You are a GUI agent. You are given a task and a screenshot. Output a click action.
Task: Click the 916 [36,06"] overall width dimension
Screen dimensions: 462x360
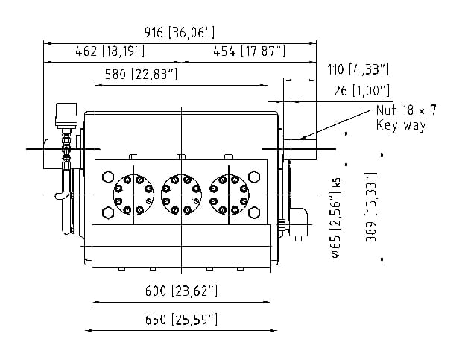[180, 32]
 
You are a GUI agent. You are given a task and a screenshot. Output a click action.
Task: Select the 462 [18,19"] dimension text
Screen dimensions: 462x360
[110, 51]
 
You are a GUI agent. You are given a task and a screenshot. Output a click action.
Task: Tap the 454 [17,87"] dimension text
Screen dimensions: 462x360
[250, 51]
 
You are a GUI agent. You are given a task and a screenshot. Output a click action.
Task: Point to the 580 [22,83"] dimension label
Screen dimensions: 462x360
[142, 74]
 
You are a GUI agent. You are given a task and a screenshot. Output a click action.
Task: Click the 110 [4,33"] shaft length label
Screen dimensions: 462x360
[358, 69]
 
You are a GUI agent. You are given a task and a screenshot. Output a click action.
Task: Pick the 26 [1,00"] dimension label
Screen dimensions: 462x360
[362, 91]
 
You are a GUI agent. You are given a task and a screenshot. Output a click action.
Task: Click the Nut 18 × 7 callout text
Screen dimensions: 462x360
[406, 110]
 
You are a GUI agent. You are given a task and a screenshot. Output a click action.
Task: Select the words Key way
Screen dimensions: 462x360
[401, 125]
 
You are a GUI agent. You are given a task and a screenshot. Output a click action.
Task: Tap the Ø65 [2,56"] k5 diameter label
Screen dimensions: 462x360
[336, 218]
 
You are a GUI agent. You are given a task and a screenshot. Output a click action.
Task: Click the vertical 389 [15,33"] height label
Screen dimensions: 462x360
[371, 207]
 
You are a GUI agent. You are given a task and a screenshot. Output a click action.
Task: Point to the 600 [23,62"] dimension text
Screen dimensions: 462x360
[181, 291]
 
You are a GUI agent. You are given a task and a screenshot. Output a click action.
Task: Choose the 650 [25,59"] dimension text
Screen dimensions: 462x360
[181, 319]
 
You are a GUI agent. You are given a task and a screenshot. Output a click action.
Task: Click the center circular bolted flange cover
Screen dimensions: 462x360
[181, 195]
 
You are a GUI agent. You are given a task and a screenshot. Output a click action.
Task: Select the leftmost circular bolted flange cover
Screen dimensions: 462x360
[133, 195]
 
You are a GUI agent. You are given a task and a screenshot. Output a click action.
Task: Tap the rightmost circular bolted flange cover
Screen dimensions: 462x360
[229, 195]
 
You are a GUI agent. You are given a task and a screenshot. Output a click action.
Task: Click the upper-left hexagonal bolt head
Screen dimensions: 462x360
[108, 177]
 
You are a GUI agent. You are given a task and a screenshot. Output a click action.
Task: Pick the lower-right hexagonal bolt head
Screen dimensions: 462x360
[254, 212]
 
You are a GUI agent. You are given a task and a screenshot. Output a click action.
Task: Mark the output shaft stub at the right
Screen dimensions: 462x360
[300, 149]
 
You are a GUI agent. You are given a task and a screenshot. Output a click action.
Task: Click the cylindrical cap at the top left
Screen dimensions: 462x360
[66, 115]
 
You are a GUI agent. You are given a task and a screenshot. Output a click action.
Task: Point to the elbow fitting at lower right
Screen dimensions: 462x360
[298, 222]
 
